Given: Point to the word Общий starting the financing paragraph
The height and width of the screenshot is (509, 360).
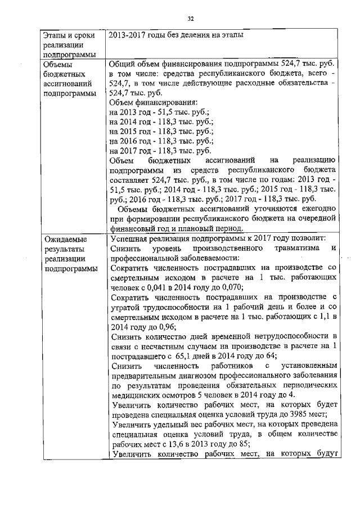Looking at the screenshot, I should pyautogui.click(x=122, y=65).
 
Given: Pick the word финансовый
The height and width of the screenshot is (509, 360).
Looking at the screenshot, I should pyautogui.click(x=135, y=229).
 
